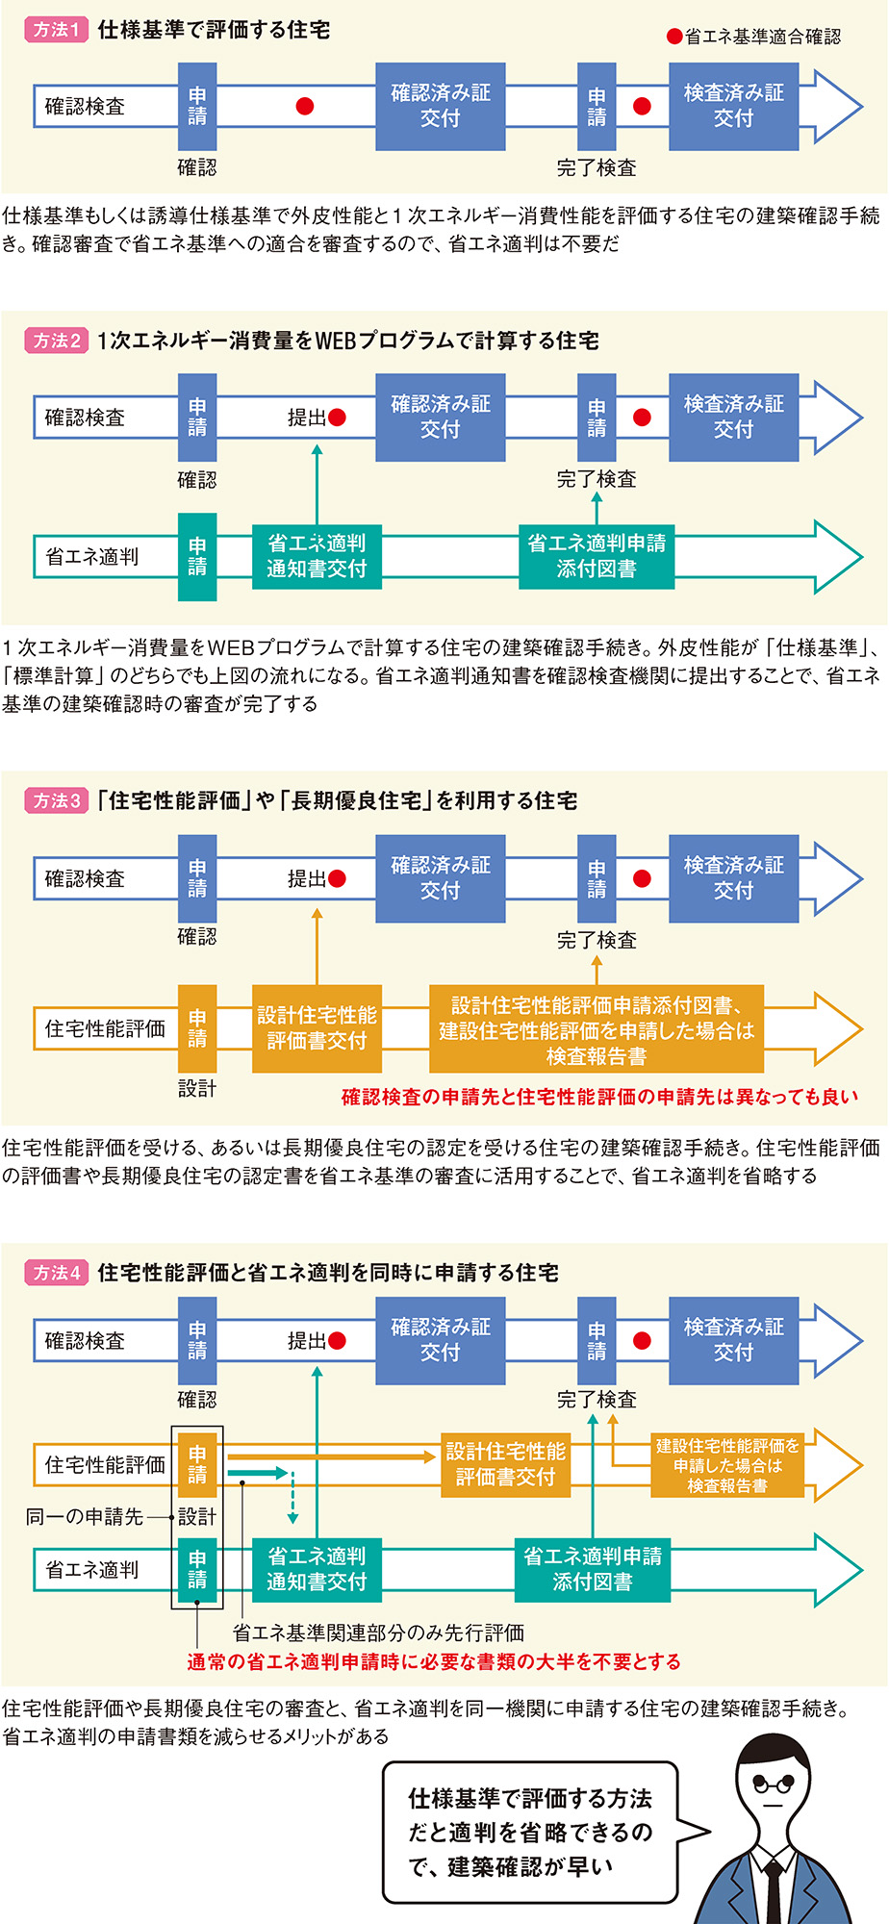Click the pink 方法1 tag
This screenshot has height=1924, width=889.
coord(56,30)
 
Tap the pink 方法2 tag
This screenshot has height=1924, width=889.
coord(56,341)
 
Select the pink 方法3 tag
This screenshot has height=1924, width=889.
coord(56,800)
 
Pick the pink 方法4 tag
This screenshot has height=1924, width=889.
coord(56,1273)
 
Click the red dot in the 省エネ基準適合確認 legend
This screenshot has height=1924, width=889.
coord(674,37)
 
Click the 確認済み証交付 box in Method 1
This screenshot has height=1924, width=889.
coord(440,106)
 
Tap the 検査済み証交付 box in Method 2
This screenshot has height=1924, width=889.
coord(733,417)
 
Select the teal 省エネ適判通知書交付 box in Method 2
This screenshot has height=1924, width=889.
coord(317,556)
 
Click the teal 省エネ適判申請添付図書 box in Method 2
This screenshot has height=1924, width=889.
coord(596,556)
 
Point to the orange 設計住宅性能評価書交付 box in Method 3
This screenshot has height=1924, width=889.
coord(317,1028)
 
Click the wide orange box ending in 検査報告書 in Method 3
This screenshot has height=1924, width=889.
coord(596,1029)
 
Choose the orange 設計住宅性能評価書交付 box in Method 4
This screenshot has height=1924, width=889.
coord(505,1464)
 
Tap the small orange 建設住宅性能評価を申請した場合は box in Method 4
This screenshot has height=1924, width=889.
coord(727,1465)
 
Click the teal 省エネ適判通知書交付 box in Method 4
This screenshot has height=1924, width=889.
coord(317,1569)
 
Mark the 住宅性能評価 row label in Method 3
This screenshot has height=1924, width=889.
coord(105,1028)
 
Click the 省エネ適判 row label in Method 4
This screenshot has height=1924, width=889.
coord(92,1569)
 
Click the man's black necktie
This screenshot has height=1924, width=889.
coord(772,1890)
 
